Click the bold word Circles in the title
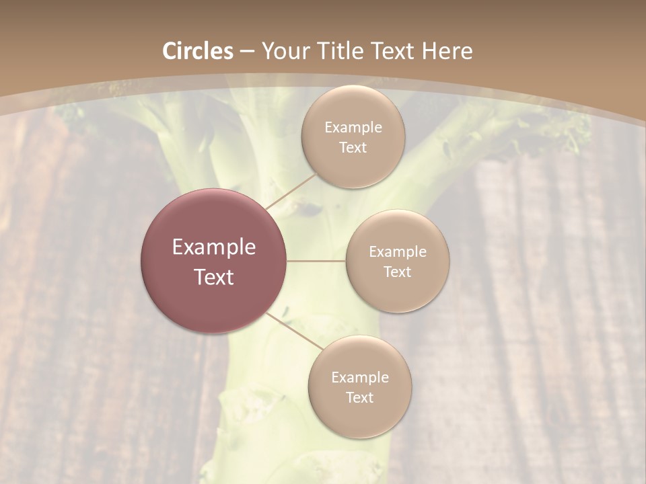point(197,51)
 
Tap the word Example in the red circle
point(214,247)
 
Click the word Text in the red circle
point(214,277)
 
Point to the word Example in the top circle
point(353,128)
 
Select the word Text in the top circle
point(353,148)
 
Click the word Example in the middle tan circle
point(397,252)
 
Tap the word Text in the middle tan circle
point(397,272)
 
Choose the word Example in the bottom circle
point(359,378)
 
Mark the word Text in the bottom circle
point(359,398)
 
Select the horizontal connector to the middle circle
point(316,261)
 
